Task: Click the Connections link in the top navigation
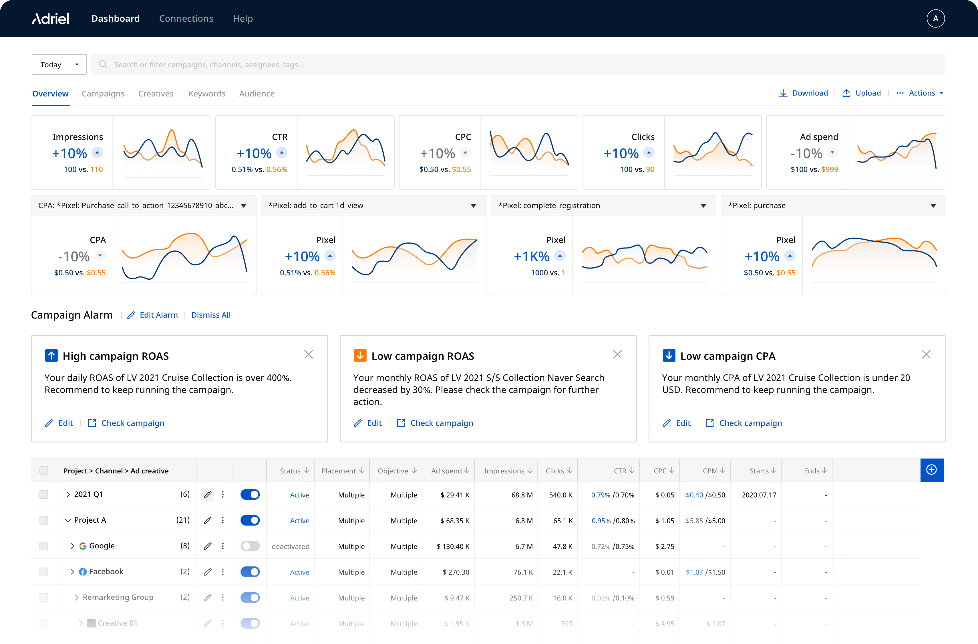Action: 186,19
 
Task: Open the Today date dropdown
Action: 59,65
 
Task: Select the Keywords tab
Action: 207,94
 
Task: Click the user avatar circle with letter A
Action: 935,19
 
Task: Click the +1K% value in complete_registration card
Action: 531,257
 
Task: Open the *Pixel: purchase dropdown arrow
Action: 933,206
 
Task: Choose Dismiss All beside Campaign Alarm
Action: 211,315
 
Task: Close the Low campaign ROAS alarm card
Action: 617,355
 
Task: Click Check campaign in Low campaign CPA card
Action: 750,423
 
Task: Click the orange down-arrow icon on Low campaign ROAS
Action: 360,356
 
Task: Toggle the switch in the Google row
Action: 250,546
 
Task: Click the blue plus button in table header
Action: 932,470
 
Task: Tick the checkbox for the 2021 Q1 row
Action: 43,495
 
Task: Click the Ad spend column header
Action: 450,471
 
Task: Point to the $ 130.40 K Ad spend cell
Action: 453,546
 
